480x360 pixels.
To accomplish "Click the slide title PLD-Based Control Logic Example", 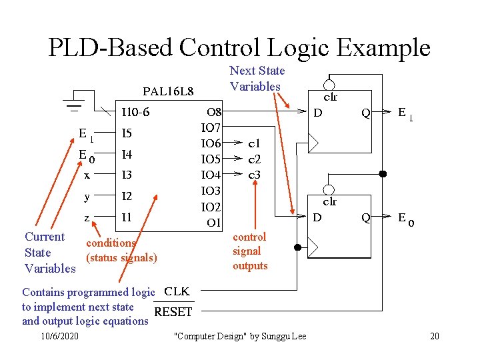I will pyautogui.click(x=239, y=47).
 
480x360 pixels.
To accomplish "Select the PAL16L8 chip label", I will pyautogui.click(x=169, y=91).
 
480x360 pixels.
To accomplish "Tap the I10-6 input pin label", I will pyautogui.click(x=136, y=112).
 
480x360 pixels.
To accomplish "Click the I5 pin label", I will pyautogui.click(x=127, y=133).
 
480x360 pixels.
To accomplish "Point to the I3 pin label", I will pyautogui.click(x=127, y=175).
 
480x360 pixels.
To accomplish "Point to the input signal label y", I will pyautogui.click(x=87, y=196).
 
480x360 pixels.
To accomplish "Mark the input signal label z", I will pyautogui.click(x=87, y=217).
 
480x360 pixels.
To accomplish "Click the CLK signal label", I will pyautogui.click(x=177, y=291).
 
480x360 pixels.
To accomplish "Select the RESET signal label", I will pyautogui.click(x=173, y=312).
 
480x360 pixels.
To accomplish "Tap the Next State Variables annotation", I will pyautogui.click(x=257, y=79).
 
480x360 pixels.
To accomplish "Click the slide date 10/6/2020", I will pyautogui.click(x=59, y=336).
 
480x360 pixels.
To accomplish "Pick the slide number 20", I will pyautogui.click(x=435, y=336).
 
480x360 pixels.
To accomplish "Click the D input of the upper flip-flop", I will pyautogui.click(x=318, y=113).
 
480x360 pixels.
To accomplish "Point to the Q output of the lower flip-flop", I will pyautogui.click(x=365, y=217).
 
